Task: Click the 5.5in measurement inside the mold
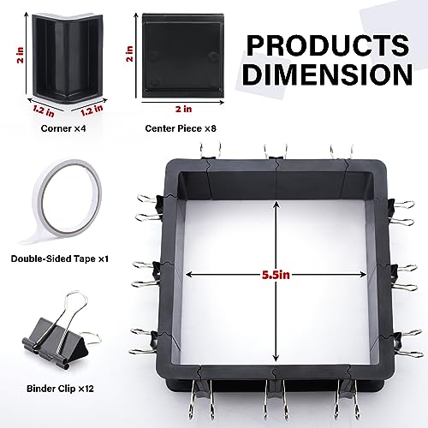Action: coord(275,275)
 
